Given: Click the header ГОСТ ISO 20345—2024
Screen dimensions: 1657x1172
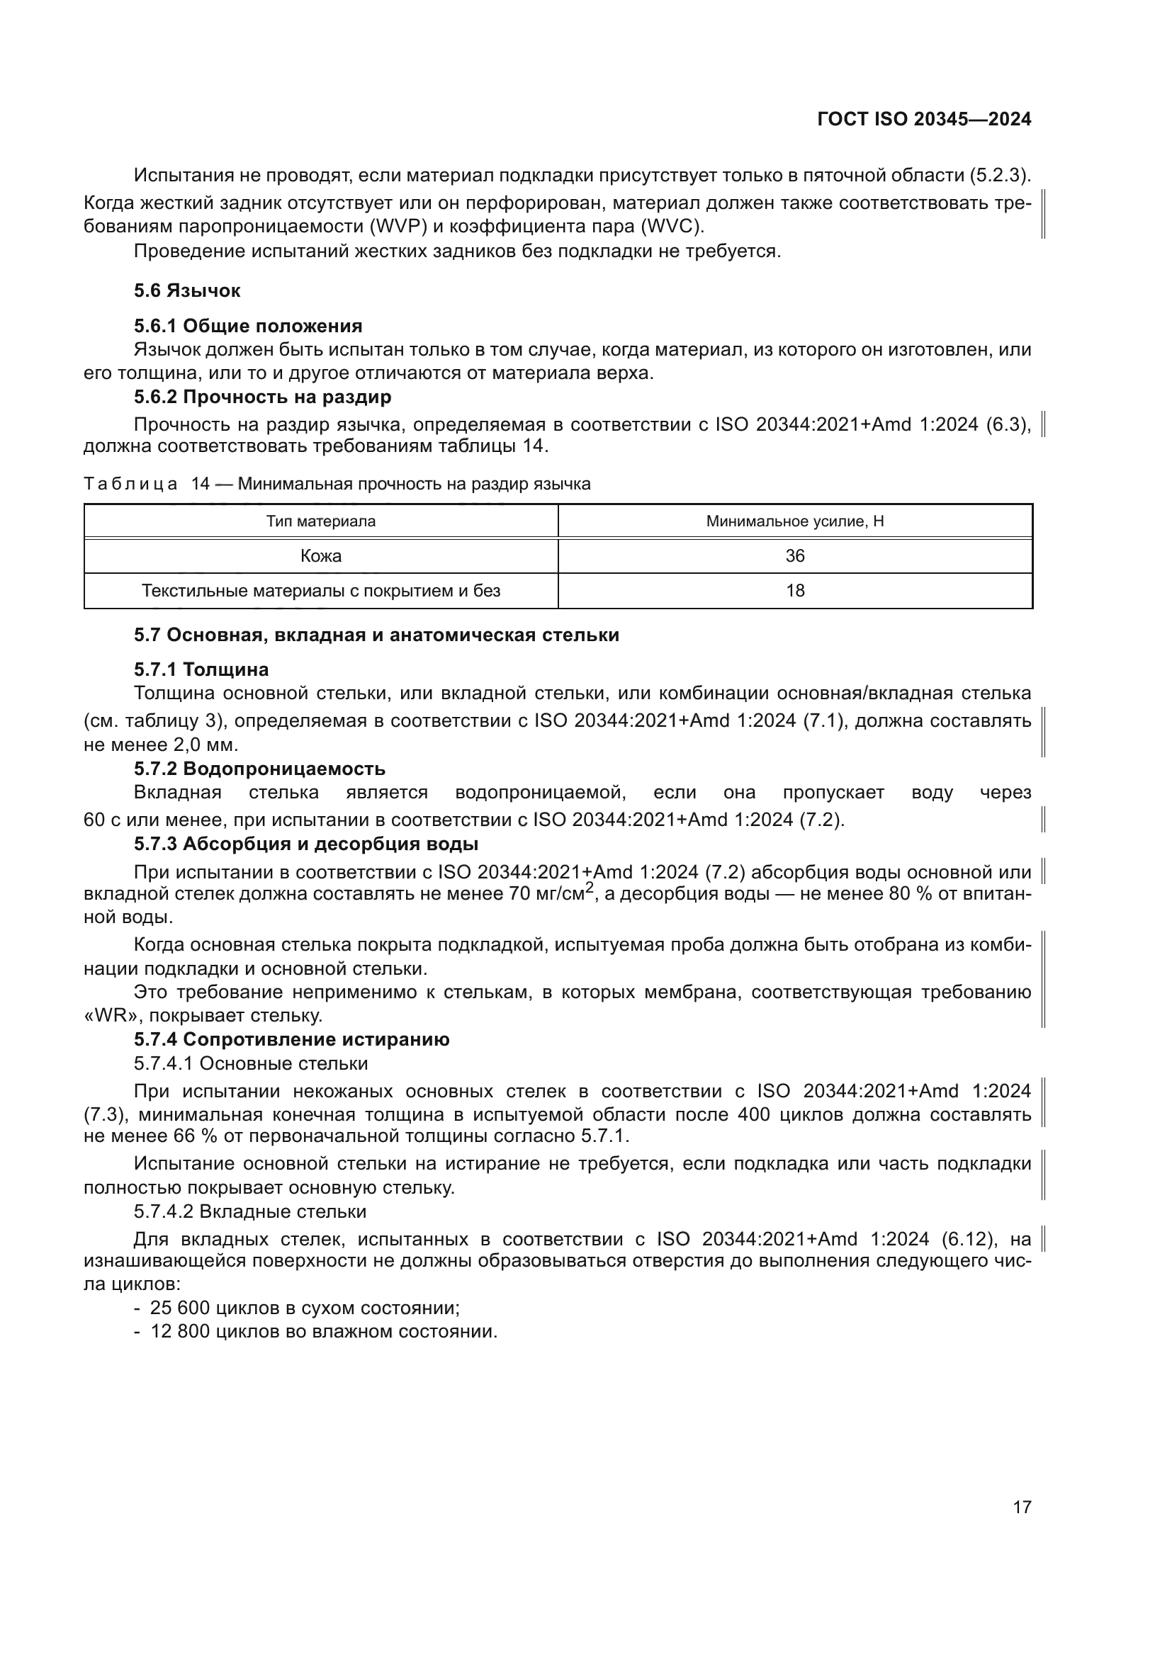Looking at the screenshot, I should [924, 119].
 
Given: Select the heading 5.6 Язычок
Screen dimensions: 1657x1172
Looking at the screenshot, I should [187, 291].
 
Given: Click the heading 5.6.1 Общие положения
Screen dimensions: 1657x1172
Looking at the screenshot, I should [247, 326].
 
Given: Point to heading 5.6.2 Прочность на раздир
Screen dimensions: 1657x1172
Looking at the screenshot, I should [262, 397].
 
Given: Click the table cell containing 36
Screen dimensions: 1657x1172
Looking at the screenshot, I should [794, 555].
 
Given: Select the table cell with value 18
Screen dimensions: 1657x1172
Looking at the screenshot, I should [794, 591].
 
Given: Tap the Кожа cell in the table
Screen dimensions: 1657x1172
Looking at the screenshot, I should [320, 555].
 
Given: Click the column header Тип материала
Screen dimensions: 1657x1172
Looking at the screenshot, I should [320, 521].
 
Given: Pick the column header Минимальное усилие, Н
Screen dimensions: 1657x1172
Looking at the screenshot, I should [794, 521].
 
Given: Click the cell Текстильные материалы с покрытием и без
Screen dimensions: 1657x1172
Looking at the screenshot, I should [320, 591].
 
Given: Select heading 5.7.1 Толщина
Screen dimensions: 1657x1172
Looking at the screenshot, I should [201, 669].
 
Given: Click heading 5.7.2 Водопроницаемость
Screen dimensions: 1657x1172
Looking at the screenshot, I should [259, 769].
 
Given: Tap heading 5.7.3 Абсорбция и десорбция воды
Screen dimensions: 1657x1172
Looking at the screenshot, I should [306, 844].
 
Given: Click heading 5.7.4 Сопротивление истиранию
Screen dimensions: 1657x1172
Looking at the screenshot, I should [291, 1039].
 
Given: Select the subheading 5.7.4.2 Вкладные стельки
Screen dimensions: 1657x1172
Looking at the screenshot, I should [249, 1211].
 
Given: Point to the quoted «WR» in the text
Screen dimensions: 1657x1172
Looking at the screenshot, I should [104, 1016].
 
